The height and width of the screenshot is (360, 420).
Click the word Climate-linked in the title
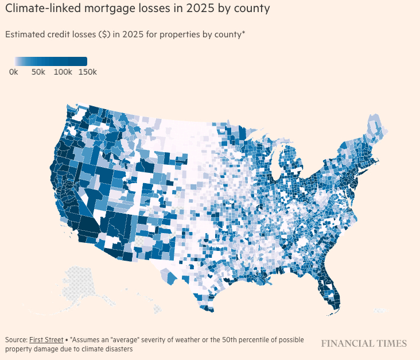pyautogui.click(x=38, y=10)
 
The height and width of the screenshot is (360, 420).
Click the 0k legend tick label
pyautogui.click(x=14, y=72)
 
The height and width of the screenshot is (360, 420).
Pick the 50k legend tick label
pyautogui.click(x=38, y=72)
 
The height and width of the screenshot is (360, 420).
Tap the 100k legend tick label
pyautogui.click(x=63, y=72)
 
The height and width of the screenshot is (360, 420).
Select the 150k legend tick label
pyautogui.click(x=87, y=72)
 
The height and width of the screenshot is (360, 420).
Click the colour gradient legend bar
pyautogui.click(x=51, y=61)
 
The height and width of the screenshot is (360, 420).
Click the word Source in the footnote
pyautogui.click(x=15, y=340)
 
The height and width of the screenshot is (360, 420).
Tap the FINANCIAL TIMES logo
pyautogui.click(x=364, y=343)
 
